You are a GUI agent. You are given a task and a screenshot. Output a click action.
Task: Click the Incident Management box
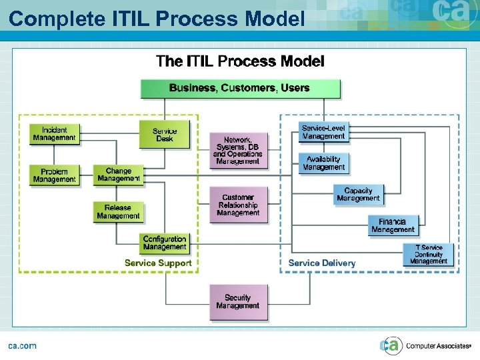(x=54, y=134)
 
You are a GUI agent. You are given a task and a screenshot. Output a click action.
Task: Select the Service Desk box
(x=165, y=135)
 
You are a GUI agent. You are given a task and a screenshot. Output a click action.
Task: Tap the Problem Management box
(x=54, y=175)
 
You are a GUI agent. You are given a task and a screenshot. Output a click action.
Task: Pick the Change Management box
(x=118, y=175)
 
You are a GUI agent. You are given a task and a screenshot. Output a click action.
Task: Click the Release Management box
(x=118, y=212)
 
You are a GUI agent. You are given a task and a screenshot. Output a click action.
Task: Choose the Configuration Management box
(x=165, y=243)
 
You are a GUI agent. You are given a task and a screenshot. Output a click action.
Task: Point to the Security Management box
(x=238, y=302)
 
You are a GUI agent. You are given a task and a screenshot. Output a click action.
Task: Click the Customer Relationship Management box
(x=238, y=205)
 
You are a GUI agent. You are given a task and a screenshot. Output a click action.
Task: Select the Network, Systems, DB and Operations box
(x=238, y=151)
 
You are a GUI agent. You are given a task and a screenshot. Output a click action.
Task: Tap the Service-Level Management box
(x=324, y=132)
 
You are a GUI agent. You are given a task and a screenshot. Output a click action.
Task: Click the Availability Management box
(x=324, y=163)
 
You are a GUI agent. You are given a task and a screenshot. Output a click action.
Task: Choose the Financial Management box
(x=393, y=225)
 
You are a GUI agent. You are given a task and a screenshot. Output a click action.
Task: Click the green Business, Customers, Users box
(x=240, y=88)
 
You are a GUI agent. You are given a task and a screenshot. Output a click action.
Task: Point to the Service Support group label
(x=158, y=263)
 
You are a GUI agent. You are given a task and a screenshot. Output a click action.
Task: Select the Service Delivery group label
(x=322, y=263)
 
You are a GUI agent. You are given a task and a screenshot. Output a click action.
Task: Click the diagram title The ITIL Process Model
(x=240, y=62)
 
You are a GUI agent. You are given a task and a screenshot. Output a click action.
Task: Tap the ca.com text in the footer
(x=22, y=345)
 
